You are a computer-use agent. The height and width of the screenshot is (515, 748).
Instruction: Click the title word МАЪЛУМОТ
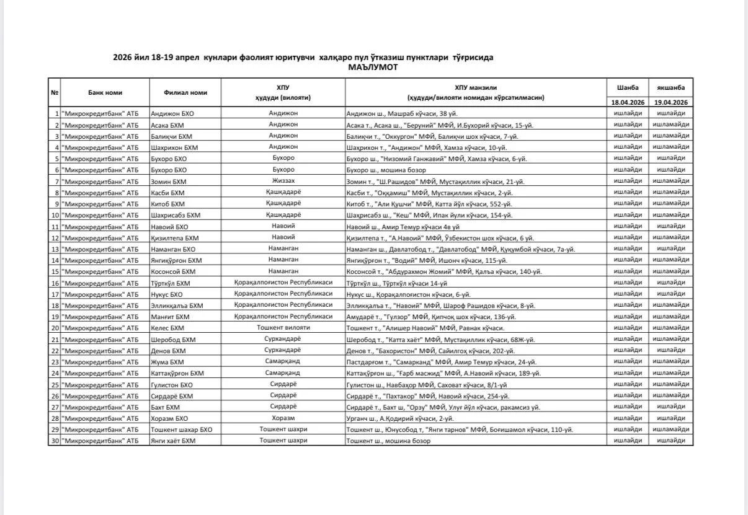pos(373,67)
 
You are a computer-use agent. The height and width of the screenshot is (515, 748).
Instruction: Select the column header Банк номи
pos(105,93)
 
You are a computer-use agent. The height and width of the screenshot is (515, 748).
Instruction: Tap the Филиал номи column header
pos(185,93)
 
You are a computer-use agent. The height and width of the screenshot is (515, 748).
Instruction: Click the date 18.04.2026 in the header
pos(628,102)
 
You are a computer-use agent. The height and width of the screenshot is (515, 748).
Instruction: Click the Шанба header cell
pos(628,88)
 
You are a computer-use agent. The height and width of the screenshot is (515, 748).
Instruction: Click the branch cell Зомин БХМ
pos(168,182)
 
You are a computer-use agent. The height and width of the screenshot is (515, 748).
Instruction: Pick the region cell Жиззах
pos(283,181)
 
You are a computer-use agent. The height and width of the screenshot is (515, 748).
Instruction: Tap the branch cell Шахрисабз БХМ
pos(176,215)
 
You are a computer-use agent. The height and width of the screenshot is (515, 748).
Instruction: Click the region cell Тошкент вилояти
pos(283,327)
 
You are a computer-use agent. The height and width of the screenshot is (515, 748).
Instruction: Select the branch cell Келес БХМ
pos(167,328)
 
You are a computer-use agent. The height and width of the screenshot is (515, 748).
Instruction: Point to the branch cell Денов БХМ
pos(168,351)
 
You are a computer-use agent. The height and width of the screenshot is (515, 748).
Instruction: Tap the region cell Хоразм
pos(283,418)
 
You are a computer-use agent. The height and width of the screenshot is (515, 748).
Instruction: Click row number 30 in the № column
pos(55,441)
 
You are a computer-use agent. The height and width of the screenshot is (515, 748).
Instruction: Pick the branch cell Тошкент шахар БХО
pos(181,429)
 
